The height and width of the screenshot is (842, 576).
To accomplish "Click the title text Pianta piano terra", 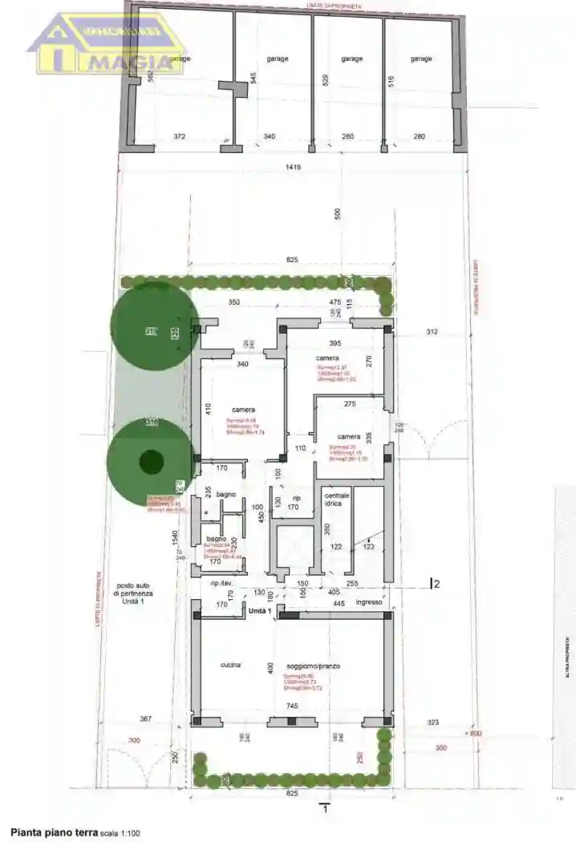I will pyautogui.click(x=54, y=833).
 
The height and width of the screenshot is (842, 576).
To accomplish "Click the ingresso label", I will pyautogui.click(x=369, y=602).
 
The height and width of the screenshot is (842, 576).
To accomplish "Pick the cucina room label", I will pyautogui.click(x=231, y=665).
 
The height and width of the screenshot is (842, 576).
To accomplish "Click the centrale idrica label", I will pyautogui.click(x=336, y=501).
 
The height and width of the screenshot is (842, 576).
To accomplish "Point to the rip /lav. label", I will pyautogui.click(x=221, y=583).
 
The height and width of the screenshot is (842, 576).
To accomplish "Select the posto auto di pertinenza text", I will pyautogui.click(x=133, y=593).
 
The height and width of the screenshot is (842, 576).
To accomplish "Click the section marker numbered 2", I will pyautogui.click(x=436, y=584).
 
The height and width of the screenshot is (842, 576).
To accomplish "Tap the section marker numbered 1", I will pyautogui.click(x=325, y=810).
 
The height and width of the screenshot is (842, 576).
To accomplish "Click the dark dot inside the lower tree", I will pyautogui.click(x=151, y=462).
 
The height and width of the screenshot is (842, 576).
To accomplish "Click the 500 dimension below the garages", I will pyautogui.click(x=338, y=213).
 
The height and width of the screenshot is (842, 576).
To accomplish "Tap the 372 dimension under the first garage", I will pyautogui.click(x=180, y=136).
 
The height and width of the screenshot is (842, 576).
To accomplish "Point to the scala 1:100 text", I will pyautogui.click(x=120, y=834).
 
